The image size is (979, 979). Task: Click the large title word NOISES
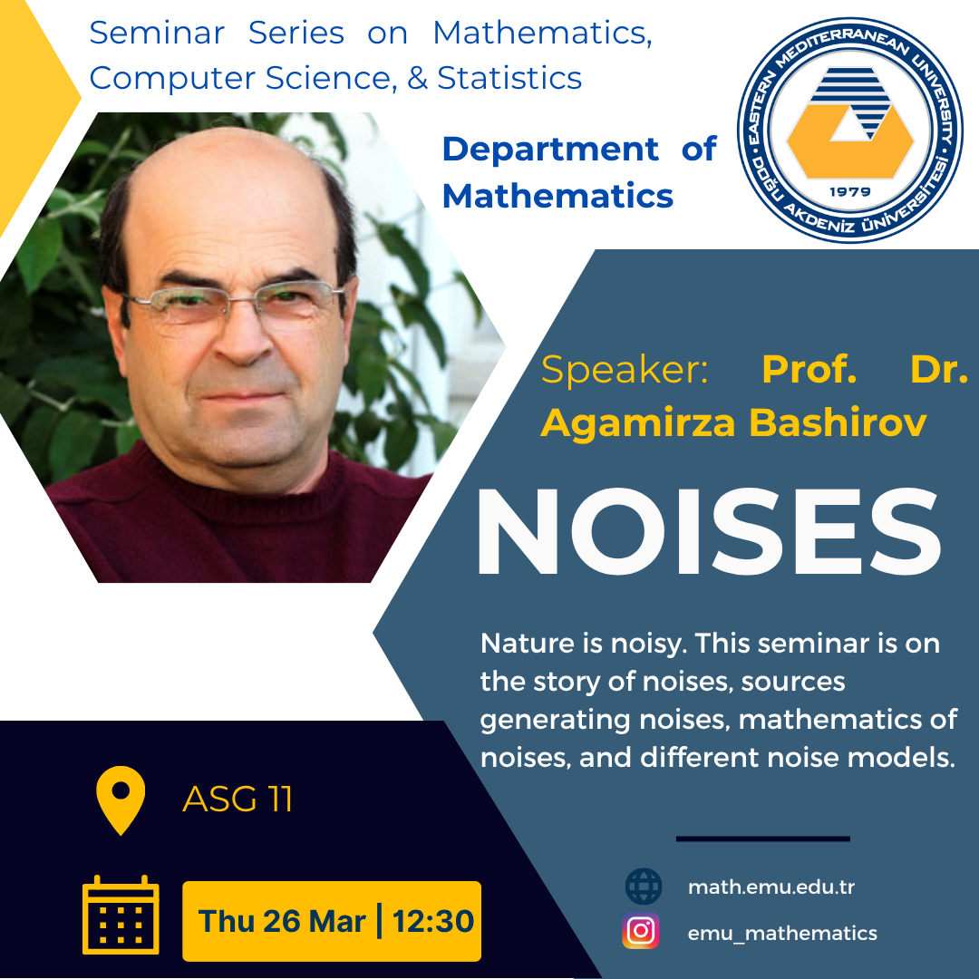[709, 531]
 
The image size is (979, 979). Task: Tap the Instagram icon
[641, 930]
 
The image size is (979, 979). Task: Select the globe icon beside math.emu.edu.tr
[644, 886]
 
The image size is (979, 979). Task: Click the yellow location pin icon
[121, 800]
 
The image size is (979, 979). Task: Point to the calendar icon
[121, 915]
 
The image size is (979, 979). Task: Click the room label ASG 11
[237, 799]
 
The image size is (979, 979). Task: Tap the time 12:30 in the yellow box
[433, 921]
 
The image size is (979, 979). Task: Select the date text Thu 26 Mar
[282, 921]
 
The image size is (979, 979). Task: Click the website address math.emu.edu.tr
[771, 887]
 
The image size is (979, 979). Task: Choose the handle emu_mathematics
[782, 933]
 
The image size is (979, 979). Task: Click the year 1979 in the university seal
[849, 191]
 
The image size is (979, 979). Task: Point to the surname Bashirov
[838, 422]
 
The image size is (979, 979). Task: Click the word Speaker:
[625, 370]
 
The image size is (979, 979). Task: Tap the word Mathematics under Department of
[557, 196]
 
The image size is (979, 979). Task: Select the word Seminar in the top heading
[157, 34]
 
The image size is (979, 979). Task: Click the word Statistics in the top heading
[509, 78]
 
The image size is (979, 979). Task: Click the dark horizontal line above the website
[763, 838]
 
